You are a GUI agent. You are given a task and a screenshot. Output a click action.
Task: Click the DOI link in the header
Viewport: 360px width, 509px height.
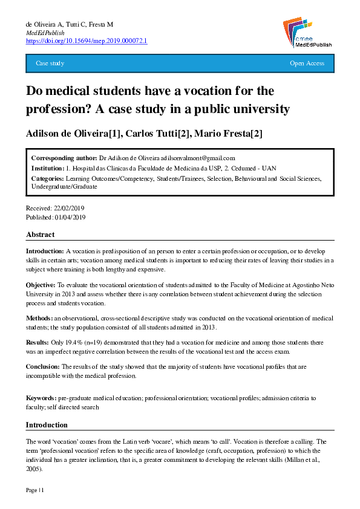click(x=87, y=41)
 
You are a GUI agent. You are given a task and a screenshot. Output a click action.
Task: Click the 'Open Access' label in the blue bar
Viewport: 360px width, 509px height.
click(x=307, y=63)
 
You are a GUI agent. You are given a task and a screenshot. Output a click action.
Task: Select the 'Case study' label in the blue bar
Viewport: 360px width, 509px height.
click(x=50, y=63)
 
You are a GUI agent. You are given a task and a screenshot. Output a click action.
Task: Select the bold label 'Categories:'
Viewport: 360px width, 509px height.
click(x=47, y=179)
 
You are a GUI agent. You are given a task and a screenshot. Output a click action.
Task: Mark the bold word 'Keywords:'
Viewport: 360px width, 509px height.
click(x=41, y=399)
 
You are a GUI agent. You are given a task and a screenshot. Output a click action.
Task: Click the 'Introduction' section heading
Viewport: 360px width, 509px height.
click(x=47, y=425)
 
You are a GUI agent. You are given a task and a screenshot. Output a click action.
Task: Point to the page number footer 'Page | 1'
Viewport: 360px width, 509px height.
click(x=34, y=490)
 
